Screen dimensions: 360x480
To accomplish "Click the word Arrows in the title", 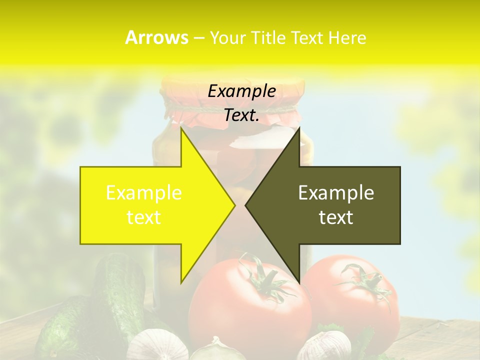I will [x=156, y=37].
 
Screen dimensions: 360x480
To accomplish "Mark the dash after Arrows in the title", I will [x=198, y=38].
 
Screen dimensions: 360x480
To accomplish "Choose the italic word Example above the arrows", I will [x=241, y=91].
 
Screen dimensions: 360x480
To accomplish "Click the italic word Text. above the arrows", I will [x=241, y=115].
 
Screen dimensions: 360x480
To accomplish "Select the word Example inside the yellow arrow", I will [x=144, y=192].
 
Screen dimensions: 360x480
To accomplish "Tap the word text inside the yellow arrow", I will [x=144, y=217].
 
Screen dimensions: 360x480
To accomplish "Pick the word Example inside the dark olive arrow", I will [x=336, y=192].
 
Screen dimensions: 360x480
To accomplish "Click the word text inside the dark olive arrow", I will [x=336, y=217].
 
